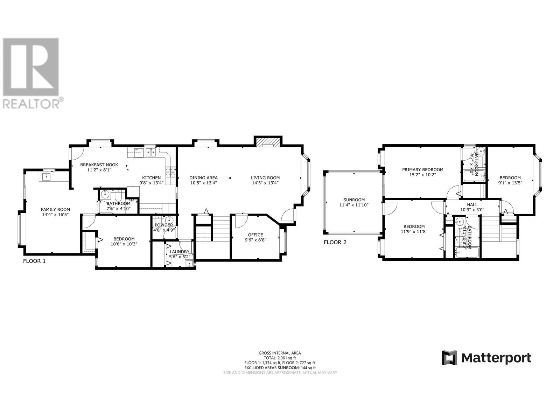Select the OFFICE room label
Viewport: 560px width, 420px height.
click(x=255, y=235)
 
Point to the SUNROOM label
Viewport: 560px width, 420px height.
click(x=354, y=200)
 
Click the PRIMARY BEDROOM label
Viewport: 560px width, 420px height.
click(x=422, y=169)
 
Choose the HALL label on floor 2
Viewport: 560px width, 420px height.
click(x=472, y=204)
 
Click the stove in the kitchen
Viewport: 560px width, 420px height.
click(x=170, y=172)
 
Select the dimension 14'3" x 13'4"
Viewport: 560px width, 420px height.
click(x=265, y=183)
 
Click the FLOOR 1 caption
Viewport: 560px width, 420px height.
click(x=34, y=261)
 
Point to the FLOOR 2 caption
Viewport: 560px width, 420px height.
click(x=335, y=242)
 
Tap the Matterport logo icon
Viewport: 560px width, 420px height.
click(x=449, y=358)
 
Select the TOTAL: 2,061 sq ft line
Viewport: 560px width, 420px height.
click(x=280, y=358)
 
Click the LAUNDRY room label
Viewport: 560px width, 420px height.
click(x=180, y=252)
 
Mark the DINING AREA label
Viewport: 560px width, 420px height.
click(x=203, y=177)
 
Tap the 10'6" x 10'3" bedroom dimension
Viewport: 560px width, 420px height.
click(x=124, y=244)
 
